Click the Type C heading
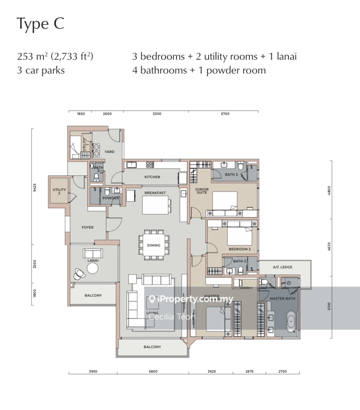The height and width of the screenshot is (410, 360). click(40, 24)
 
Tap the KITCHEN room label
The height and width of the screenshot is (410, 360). click(152, 177)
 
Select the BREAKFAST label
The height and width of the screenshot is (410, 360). click(155, 193)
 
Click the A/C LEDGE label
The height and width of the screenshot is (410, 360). click(282, 267)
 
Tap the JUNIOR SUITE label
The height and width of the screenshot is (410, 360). click(201, 191)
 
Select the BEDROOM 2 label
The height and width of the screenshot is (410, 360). click(240, 249)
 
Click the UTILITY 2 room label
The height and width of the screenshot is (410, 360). click(59, 191)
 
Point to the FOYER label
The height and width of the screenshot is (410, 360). click(87, 227)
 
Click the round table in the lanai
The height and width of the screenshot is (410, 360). click(93, 268)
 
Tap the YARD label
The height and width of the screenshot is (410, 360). click(109, 152)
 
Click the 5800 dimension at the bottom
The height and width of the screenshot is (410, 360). click(153, 372)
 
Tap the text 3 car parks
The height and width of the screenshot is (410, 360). click(41, 70)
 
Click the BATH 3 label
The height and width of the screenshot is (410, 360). click(232, 175)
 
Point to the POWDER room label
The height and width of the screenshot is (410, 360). click(110, 198)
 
